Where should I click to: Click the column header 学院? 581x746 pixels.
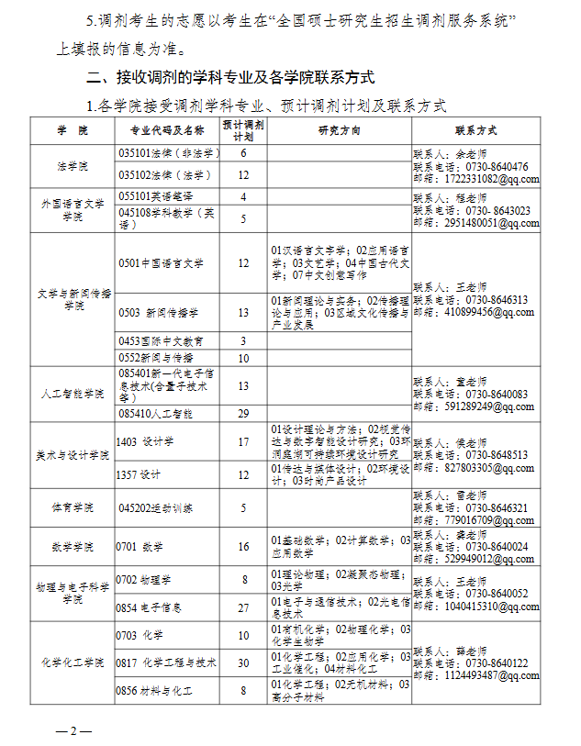[x=73, y=130]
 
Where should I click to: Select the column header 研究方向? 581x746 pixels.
[x=339, y=130]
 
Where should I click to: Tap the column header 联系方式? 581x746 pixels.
[x=475, y=130]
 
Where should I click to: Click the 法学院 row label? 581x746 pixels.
[x=73, y=167]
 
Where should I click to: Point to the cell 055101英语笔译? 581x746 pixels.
[x=155, y=196]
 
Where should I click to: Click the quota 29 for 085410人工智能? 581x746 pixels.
[x=243, y=414]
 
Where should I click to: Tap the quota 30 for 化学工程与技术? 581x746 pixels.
[x=243, y=662]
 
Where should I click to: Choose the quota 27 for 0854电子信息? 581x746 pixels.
[x=243, y=607]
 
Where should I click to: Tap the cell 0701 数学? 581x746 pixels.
[x=140, y=547]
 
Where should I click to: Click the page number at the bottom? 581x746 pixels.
[x=73, y=731]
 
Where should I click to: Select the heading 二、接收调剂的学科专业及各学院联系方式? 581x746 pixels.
[x=229, y=77]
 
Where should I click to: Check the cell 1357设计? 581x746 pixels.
[x=139, y=474]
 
